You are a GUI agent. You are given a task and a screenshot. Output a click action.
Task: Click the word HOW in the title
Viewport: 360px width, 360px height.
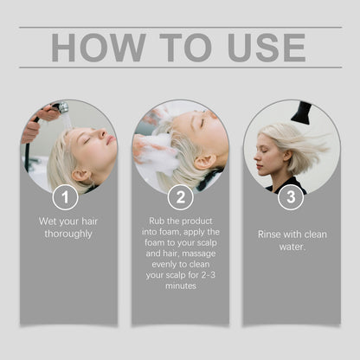98,48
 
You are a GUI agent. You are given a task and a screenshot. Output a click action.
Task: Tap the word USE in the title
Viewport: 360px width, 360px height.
267,48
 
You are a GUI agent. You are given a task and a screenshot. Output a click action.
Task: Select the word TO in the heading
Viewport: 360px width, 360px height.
185,48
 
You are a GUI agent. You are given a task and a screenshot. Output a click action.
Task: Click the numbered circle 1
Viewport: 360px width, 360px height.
65,197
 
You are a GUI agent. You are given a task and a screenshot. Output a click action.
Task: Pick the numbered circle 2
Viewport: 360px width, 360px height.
181,197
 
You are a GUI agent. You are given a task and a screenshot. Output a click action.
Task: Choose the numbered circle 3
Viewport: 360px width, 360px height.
291,197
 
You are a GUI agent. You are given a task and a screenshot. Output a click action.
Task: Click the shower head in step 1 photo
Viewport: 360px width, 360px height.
61,107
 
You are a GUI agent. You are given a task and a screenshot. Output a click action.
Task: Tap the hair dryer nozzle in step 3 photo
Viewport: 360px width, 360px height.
302,112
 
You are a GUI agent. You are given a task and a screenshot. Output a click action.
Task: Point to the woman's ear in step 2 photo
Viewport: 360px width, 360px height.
204,163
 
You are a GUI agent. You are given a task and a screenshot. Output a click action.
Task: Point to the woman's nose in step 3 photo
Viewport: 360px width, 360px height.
256,157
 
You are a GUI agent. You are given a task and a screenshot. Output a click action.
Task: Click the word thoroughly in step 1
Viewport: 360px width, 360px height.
68,234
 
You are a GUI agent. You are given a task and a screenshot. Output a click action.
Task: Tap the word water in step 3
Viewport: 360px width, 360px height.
291,247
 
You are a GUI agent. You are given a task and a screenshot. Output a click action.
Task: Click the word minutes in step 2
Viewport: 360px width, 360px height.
181,286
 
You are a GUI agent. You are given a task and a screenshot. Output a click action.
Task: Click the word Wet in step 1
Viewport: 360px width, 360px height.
47,222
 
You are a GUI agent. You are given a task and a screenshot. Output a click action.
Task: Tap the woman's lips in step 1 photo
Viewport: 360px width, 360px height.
111,140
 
